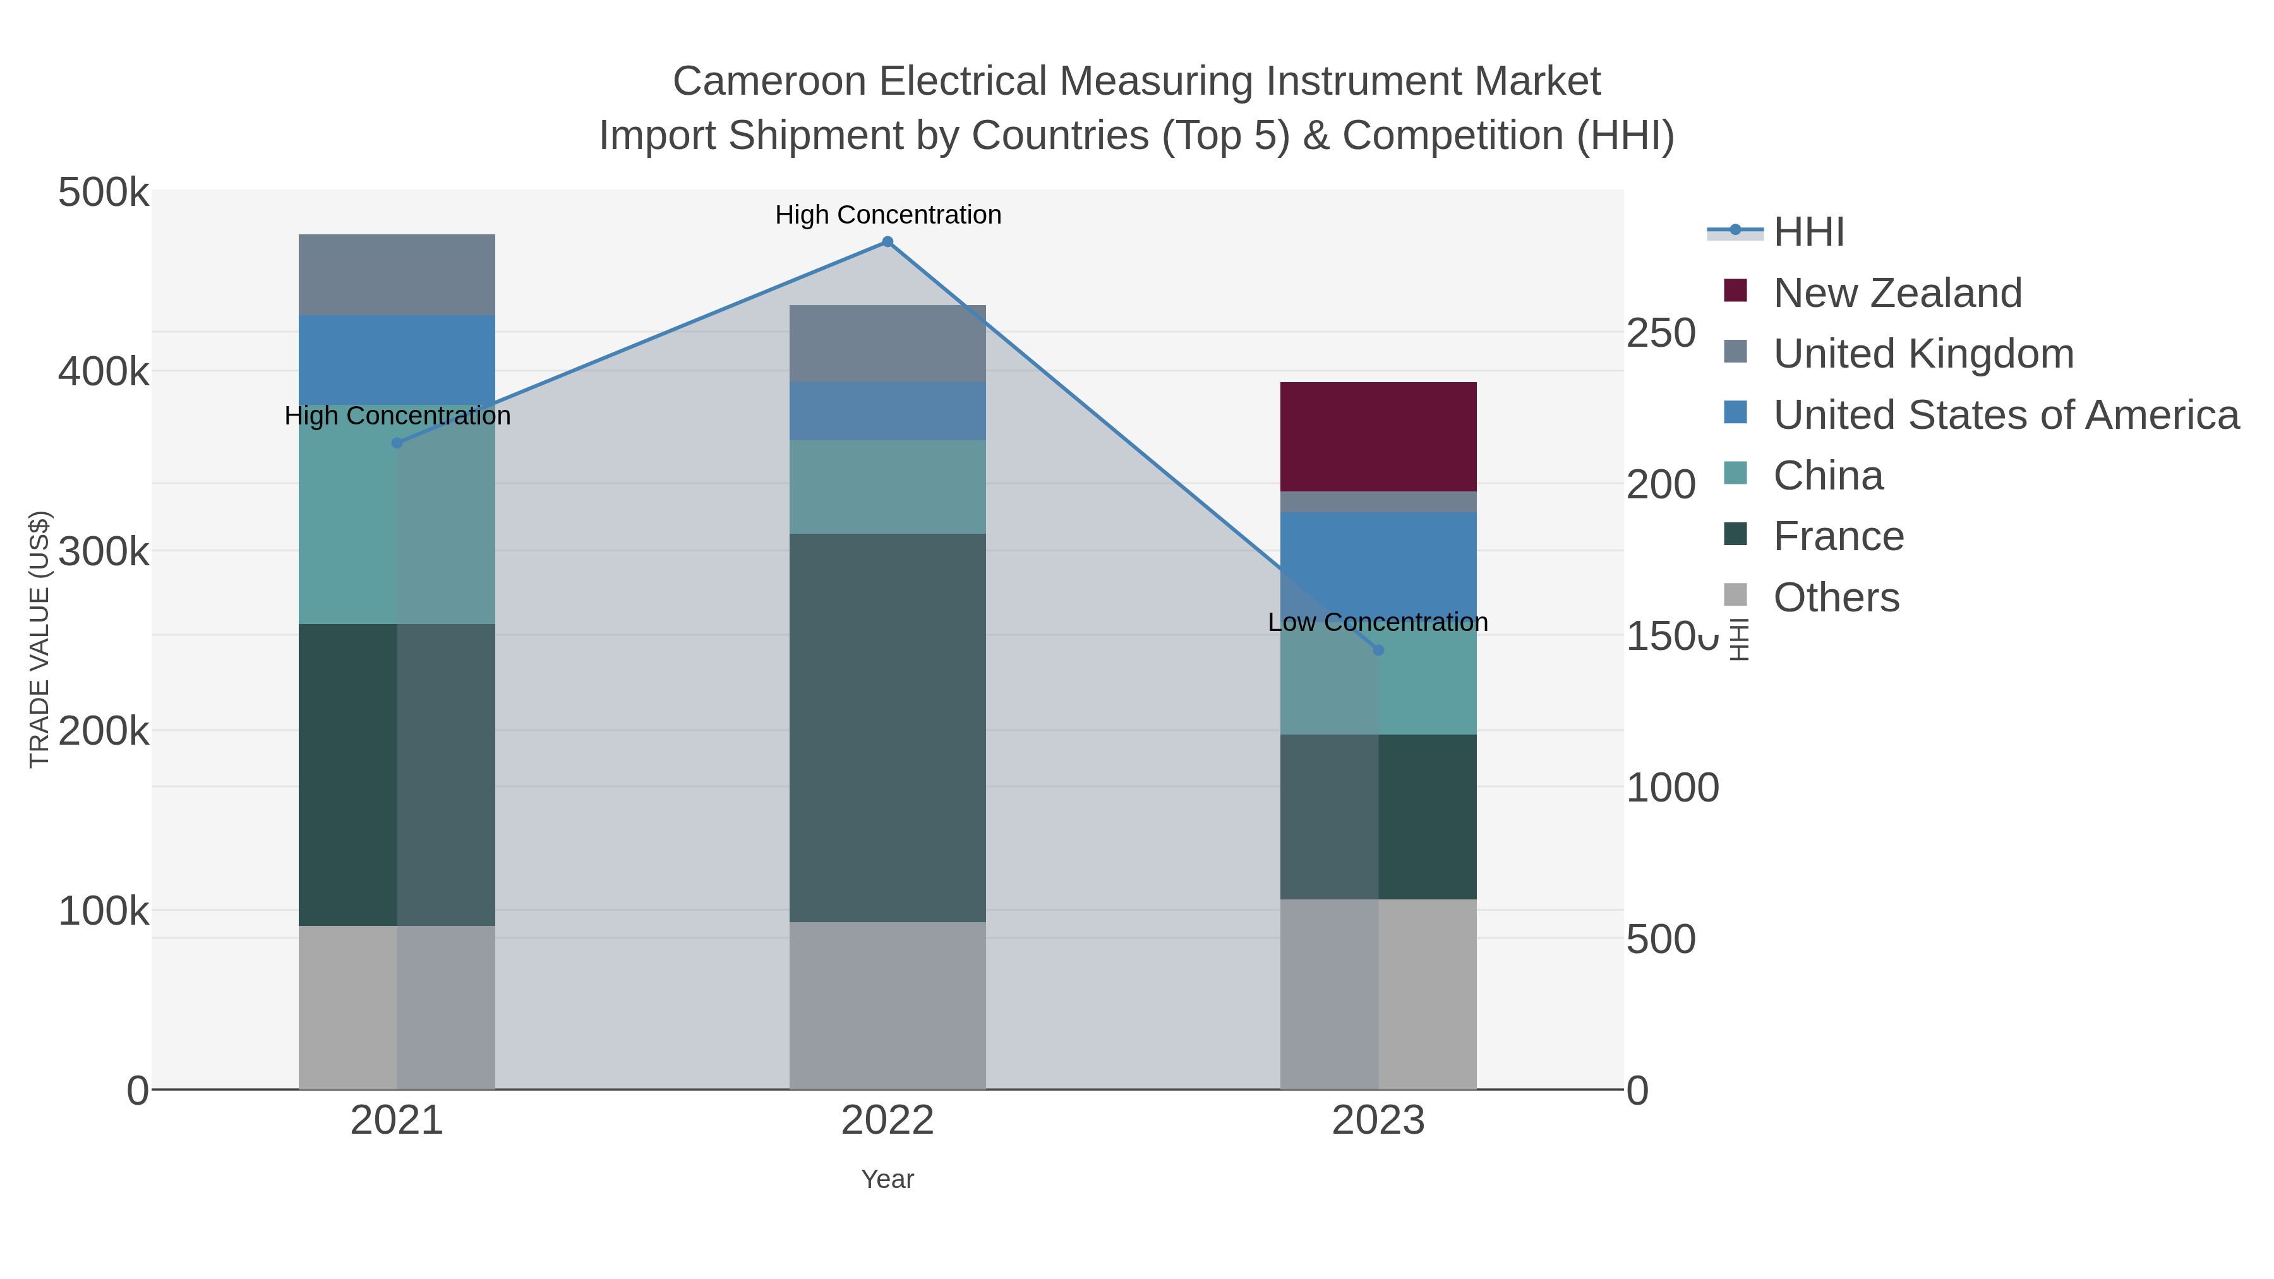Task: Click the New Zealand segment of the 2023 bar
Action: [x=1378, y=437]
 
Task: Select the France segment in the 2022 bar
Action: [x=887, y=728]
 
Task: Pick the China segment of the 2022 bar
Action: [x=887, y=486]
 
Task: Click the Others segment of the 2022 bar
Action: [x=887, y=1006]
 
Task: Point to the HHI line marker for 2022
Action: [x=888, y=242]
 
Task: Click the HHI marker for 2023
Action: [x=1378, y=651]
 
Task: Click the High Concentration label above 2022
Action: [x=888, y=215]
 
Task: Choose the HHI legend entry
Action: [x=1808, y=232]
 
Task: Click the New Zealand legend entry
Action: [x=1897, y=293]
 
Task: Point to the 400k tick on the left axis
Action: [x=104, y=371]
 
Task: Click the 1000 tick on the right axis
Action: [x=1672, y=788]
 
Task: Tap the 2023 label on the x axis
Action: [x=1378, y=1121]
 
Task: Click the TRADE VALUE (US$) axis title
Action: [x=40, y=639]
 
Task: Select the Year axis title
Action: [x=887, y=1179]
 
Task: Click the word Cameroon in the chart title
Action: [x=769, y=81]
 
